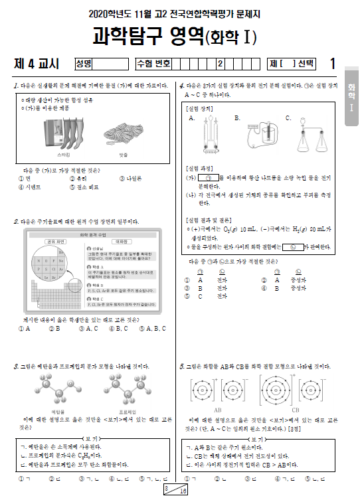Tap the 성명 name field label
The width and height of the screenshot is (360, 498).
(x=84, y=64)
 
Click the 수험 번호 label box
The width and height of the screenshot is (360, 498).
(x=153, y=64)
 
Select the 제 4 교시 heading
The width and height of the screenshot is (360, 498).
(x=37, y=64)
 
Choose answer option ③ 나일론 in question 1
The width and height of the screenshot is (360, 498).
(x=135, y=178)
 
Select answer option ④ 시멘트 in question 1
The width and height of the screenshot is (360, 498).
(x=31, y=187)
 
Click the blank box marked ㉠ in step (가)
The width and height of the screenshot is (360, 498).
(x=208, y=178)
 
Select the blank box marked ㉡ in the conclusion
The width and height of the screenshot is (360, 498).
(x=292, y=247)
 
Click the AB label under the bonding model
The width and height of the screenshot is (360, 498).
(x=217, y=410)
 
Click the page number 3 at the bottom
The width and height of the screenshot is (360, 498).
(x=167, y=488)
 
